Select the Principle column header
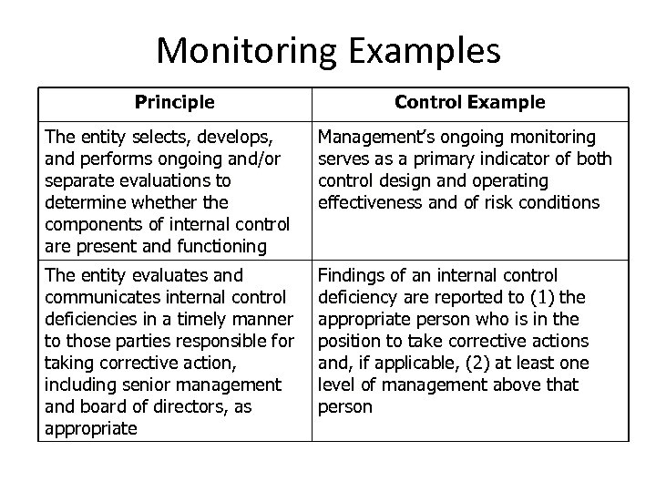(175, 102)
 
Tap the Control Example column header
(469, 102)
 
